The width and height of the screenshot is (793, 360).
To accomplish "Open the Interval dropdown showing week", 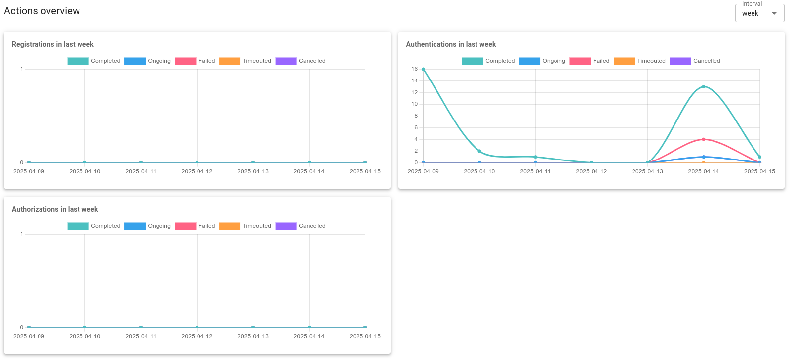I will pyautogui.click(x=759, y=13).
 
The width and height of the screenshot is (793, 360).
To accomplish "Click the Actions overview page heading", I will pyautogui.click(x=42, y=11).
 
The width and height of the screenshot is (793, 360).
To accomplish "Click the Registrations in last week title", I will pyautogui.click(x=53, y=44).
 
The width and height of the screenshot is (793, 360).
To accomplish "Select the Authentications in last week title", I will pyautogui.click(x=451, y=44).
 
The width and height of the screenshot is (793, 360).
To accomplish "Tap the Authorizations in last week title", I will pyautogui.click(x=55, y=209).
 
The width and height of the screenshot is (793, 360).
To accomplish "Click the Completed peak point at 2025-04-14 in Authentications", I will pyautogui.click(x=704, y=87).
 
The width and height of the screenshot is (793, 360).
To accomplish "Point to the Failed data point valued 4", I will pyautogui.click(x=704, y=139).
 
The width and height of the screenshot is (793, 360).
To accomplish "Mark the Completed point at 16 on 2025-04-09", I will pyautogui.click(x=424, y=69).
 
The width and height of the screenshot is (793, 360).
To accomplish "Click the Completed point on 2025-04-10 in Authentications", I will pyautogui.click(x=479, y=151).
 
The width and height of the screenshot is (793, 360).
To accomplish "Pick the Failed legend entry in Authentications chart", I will pyautogui.click(x=590, y=61).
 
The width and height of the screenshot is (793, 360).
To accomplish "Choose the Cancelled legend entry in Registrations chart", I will pyautogui.click(x=301, y=61).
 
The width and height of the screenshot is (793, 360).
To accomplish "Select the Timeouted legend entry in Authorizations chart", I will pyautogui.click(x=245, y=226).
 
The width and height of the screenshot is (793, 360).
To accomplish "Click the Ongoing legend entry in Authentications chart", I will pyautogui.click(x=542, y=61).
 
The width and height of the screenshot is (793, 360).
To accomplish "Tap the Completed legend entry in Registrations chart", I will pyautogui.click(x=94, y=61).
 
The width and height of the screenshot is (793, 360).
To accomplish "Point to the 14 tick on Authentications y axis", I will pyautogui.click(x=414, y=80).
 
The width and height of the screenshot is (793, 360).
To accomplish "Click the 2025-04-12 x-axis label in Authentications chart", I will pyautogui.click(x=591, y=171).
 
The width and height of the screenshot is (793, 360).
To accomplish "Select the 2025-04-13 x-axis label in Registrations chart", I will pyautogui.click(x=253, y=171).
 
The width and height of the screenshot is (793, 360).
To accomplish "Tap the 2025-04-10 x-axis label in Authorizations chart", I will pyautogui.click(x=84, y=336).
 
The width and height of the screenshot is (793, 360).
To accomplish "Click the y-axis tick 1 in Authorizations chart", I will pyautogui.click(x=21, y=234).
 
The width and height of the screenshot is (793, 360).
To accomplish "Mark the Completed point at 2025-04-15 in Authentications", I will pyautogui.click(x=759, y=157).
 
